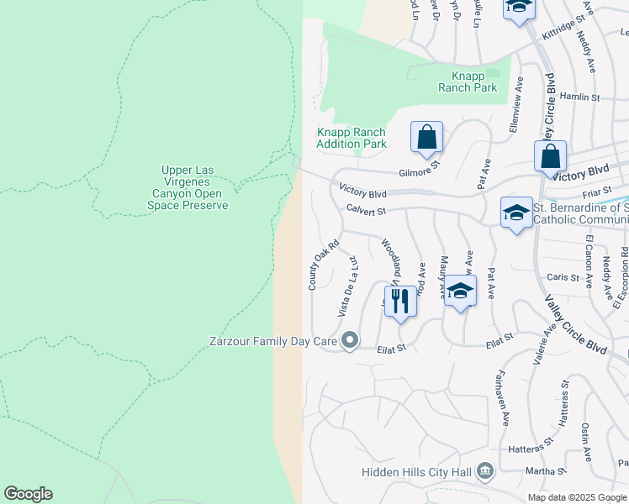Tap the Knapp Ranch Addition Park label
click(x=351, y=138)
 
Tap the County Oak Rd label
click(x=323, y=265)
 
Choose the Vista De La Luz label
click(x=348, y=286)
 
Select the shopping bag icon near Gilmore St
click(x=426, y=137)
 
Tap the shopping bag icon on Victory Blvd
click(x=550, y=157)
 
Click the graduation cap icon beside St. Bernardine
click(x=516, y=213)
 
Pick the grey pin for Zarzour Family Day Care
click(x=351, y=341)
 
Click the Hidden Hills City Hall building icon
click(x=484, y=471)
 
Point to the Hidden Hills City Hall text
click(x=415, y=472)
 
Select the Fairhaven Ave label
click(x=505, y=397)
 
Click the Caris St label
click(x=563, y=277)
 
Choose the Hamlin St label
click(x=580, y=97)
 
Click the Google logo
click(x=29, y=494)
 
